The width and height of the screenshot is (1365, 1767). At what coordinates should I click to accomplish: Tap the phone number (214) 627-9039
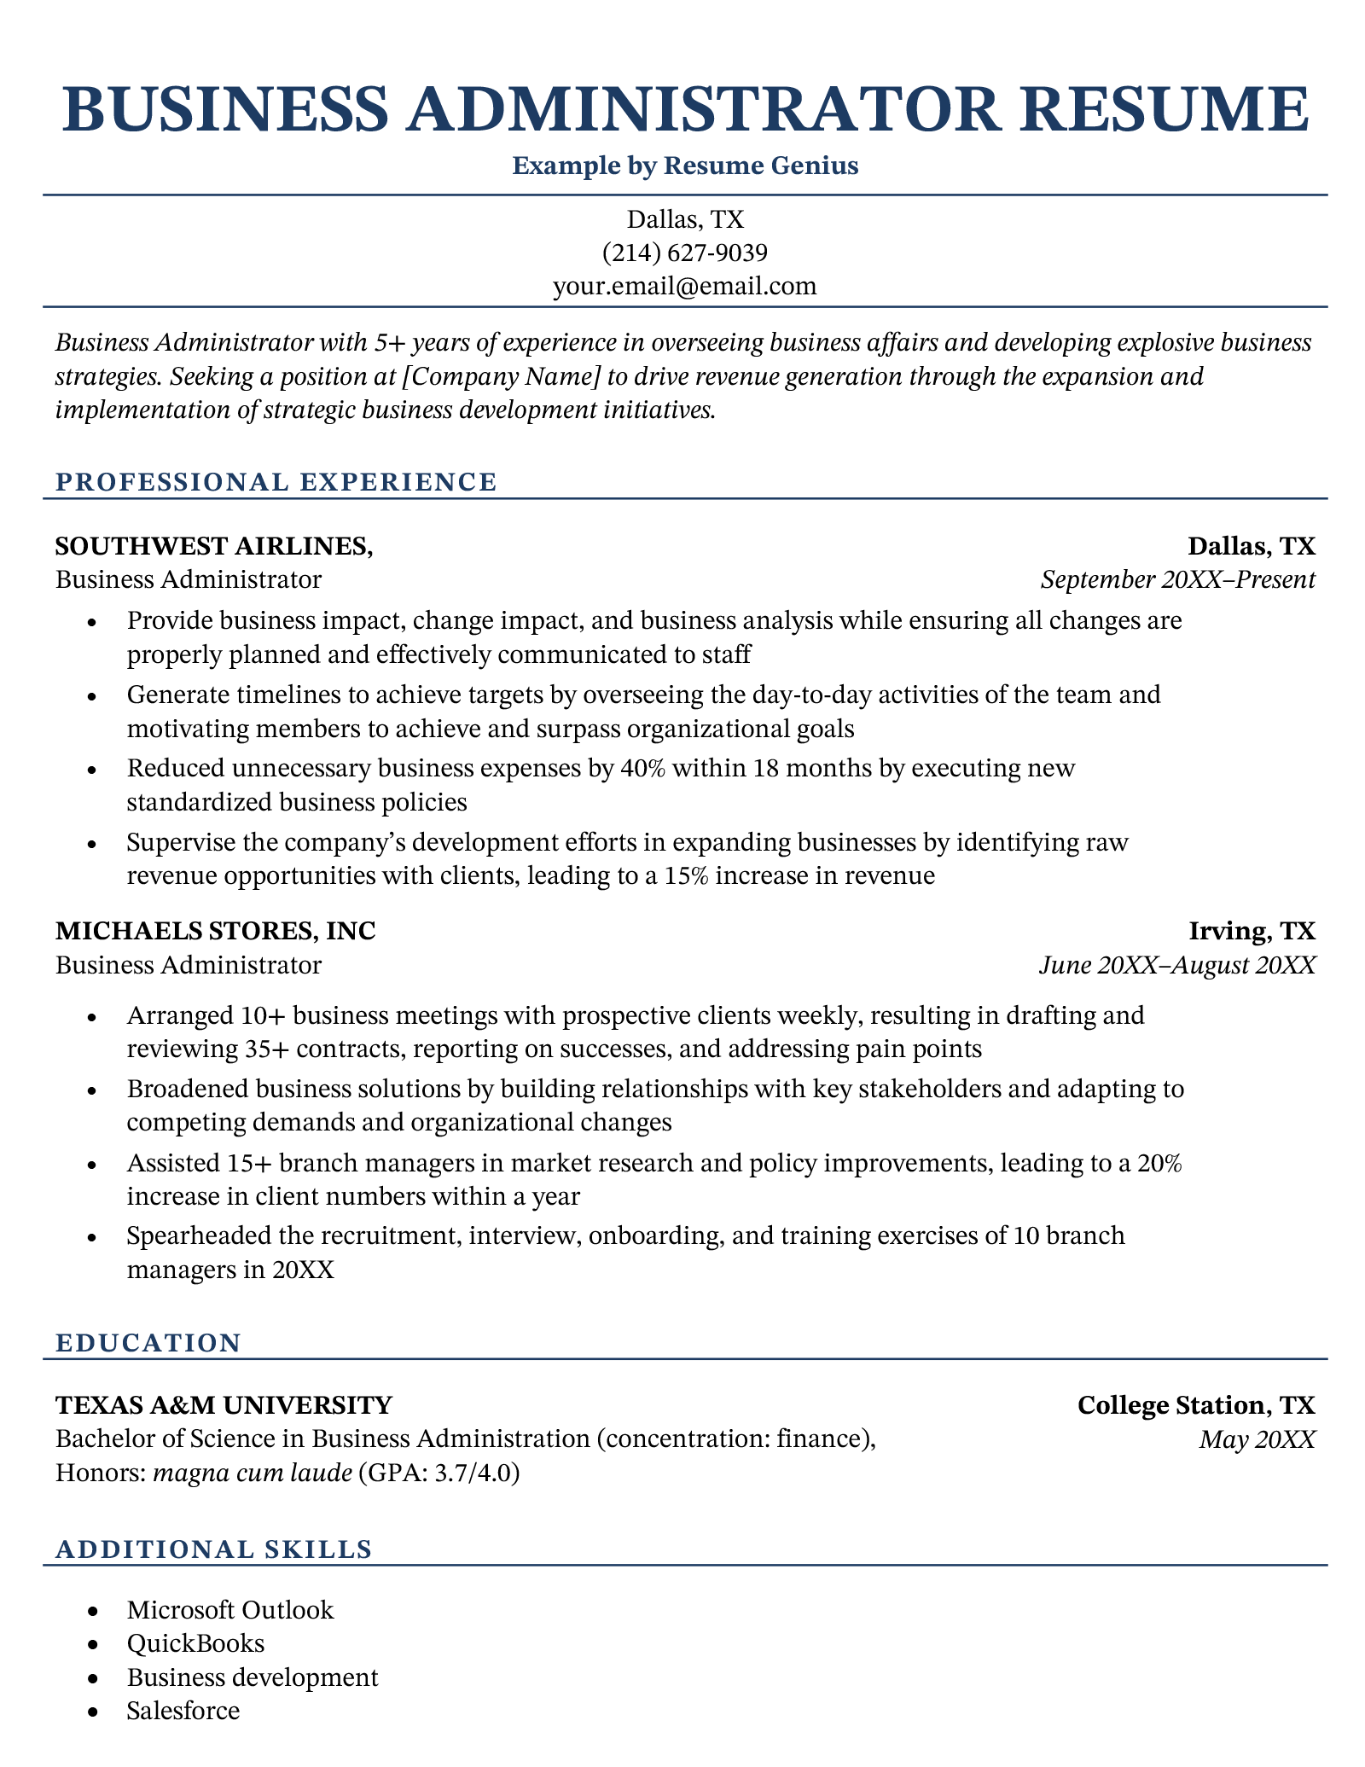pyautogui.click(x=685, y=253)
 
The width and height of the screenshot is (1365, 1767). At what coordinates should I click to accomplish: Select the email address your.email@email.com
pyautogui.click(x=685, y=286)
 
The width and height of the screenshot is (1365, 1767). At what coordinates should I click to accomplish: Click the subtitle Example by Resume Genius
pyautogui.click(x=685, y=166)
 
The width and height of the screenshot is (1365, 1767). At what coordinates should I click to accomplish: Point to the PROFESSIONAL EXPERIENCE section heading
pyautogui.click(x=276, y=482)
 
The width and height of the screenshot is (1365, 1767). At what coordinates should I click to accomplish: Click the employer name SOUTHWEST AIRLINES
pyautogui.click(x=213, y=546)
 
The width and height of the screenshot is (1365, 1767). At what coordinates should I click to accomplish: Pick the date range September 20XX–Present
pyautogui.click(x=1177, y=580)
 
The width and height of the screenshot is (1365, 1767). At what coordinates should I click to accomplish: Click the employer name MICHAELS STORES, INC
pyautogui.click(x=215, y=931)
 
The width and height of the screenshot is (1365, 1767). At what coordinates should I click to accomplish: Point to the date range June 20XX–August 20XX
pyautogui.click(x=1177, y=965)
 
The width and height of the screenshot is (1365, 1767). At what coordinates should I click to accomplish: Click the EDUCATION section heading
pyautogui.click(x=148, y=1342)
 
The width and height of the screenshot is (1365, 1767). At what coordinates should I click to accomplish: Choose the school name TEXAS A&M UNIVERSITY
pyautogui.click(x=224, y=1404)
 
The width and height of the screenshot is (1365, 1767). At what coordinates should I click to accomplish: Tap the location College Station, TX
pyautogui.click(x=1196, y=1404)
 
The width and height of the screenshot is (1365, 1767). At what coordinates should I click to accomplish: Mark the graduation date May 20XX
pyautogui.click(x=1257, y=1439)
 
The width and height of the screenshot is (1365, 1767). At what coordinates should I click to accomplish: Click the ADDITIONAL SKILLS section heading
pyautogui.click(x=213, y=1549)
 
